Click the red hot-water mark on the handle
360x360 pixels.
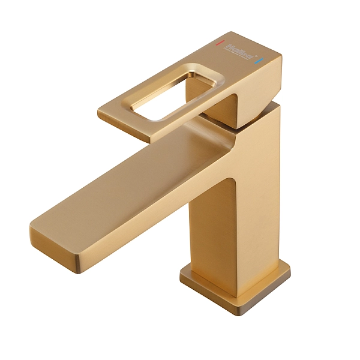tap(220, 44)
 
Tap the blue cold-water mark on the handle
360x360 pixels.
tap(259, 61)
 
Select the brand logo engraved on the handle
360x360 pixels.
tap(238, 52)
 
